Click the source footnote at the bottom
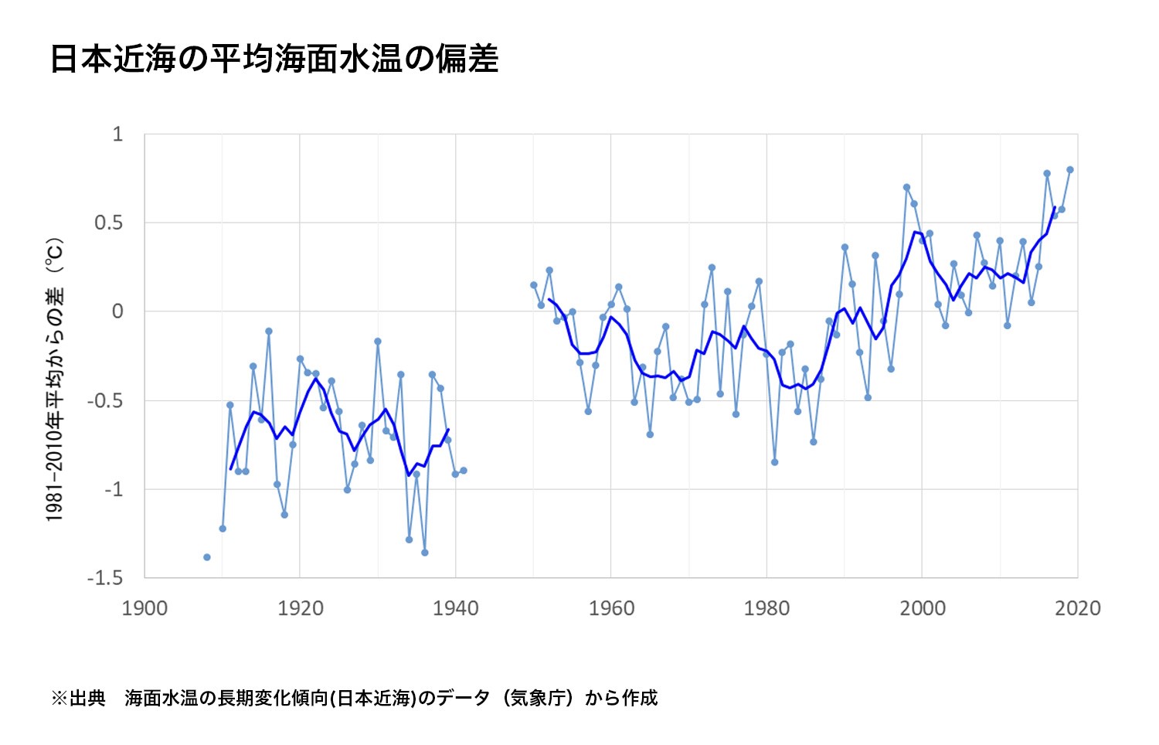(x=354, y=698)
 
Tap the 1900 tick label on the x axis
(x=144, y=609)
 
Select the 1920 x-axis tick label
(x=301, y=609)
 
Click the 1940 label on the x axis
(x=456, y=609)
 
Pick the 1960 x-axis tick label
(x=611, y=609)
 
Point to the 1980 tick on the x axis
(x=766, y=609)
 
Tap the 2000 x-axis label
(x=923, y=609)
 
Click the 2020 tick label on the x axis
(x=1078, y=609)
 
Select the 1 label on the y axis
(x=117, y=134)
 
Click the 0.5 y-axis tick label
(x=109, y=223)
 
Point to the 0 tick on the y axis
(x=117, y=311)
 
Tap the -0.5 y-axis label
(x=106, y=401)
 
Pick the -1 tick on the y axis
(x=114, y=489)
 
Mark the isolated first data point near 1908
(x=207, y=557)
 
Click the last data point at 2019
(x=1070, y=170)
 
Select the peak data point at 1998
(x=906, y=187)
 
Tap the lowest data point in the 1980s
(x=774, y=462)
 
